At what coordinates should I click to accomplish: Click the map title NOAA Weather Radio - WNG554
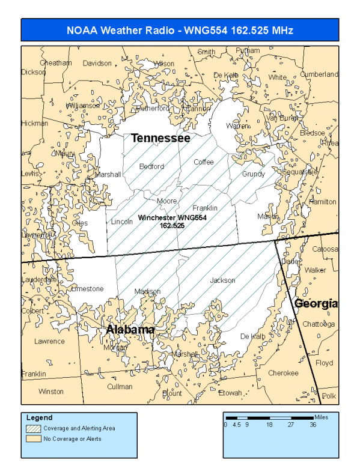tap(180, 30)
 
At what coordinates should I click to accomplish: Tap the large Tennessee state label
tap(160, 138)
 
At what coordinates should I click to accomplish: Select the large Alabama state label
tap(130, 330)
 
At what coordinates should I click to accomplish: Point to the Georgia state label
tap(316, 304)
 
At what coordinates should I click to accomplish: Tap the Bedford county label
tap(151, 166)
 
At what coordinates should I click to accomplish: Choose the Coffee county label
tap(204, 162)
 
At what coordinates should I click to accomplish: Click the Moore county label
tap(166, 201)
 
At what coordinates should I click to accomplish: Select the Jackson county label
tap(222, 280)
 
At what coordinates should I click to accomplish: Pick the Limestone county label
tap(87, 289)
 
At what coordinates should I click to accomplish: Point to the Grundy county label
tap(253, 174)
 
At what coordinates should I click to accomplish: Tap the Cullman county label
tap(120, 387)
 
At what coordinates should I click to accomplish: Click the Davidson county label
tap(97, 63)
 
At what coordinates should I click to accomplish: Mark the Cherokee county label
tap(283, 373)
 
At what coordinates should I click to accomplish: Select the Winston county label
tap(50, 392)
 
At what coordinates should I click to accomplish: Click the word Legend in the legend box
tap(40, 417)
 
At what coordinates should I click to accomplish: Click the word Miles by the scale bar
tap(322, 416)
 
